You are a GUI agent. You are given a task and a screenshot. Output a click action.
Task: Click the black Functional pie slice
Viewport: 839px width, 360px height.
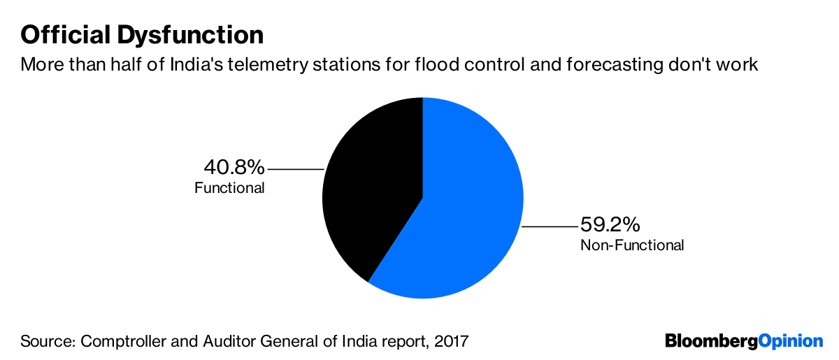[x=371, y=189]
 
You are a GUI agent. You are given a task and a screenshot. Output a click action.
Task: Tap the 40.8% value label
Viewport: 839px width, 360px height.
[x=234, y=168]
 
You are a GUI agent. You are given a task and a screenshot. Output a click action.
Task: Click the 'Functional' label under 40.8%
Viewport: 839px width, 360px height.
[x=229, y=188]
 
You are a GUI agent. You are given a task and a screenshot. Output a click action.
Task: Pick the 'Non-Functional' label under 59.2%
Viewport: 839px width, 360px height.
[x=632, y=245]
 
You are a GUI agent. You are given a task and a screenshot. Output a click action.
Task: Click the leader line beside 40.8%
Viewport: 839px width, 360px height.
[x=295, y=169]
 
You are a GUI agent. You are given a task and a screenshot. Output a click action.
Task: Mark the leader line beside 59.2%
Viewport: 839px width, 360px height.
[x=550, y=226]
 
